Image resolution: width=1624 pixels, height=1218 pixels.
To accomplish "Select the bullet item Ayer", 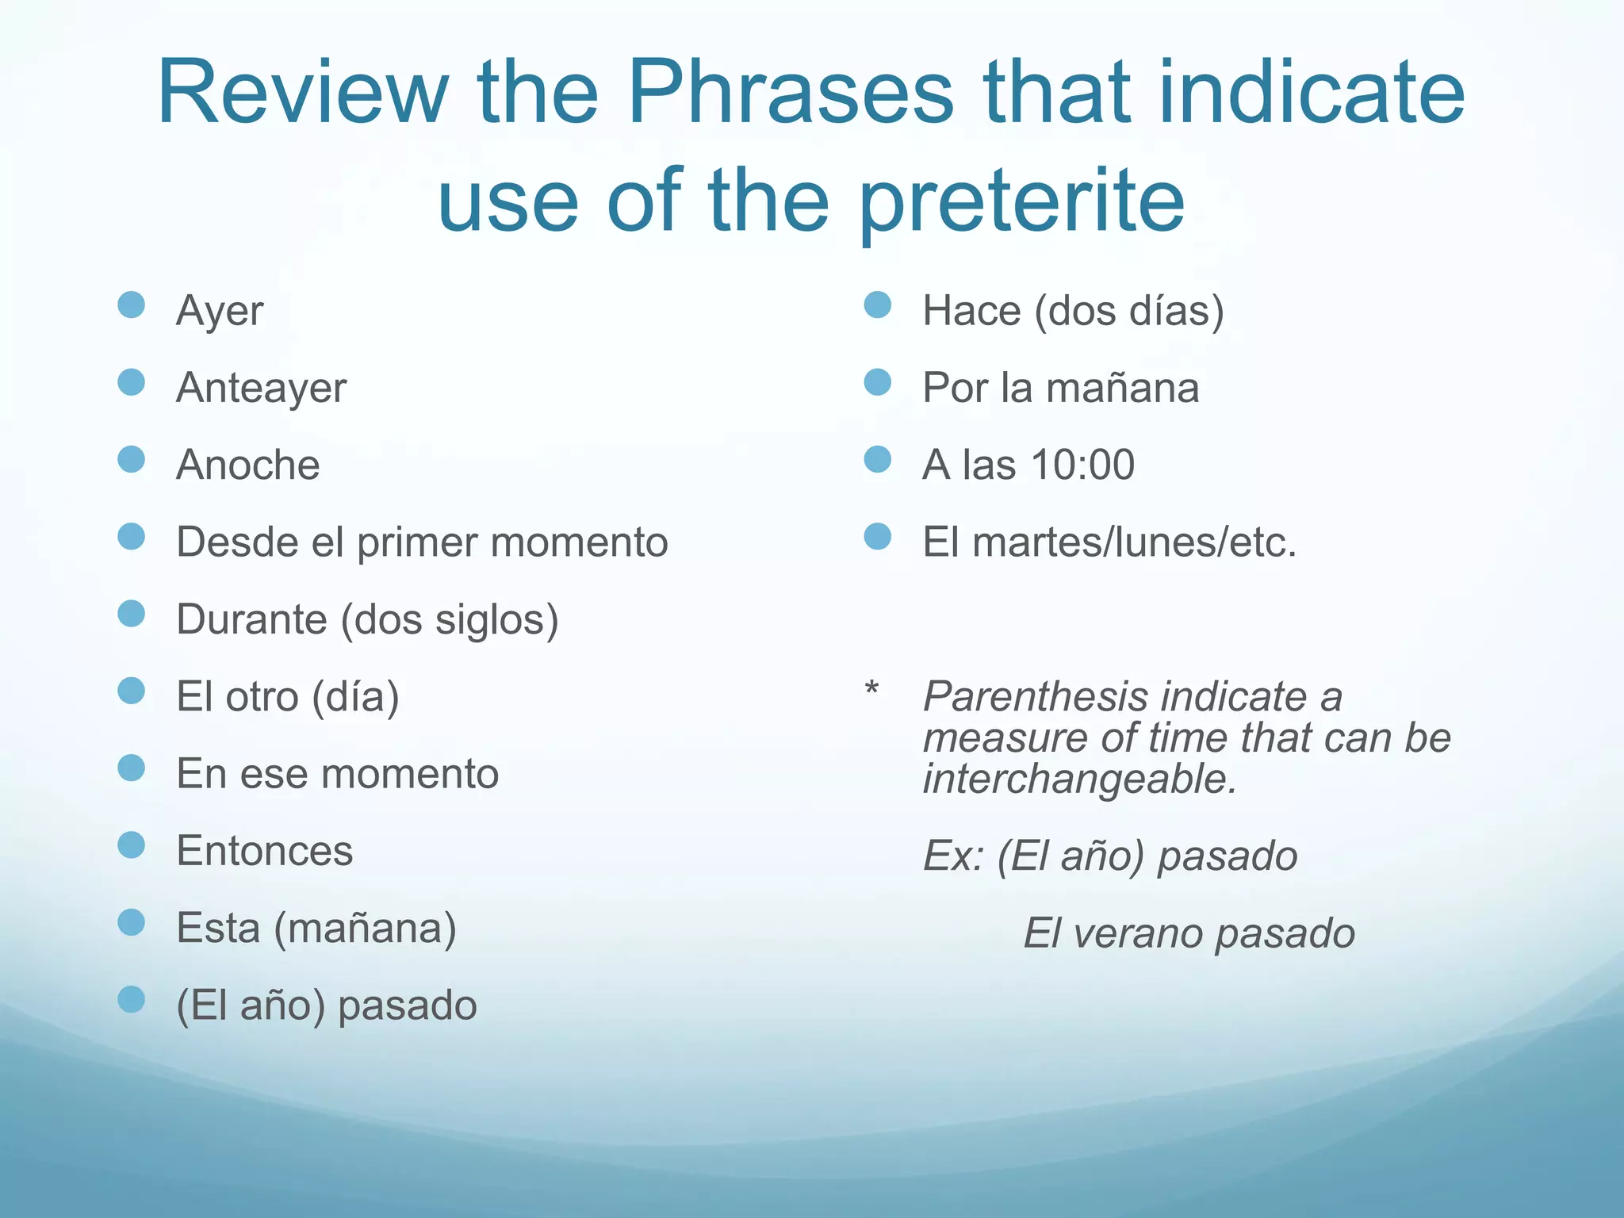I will [220, 310].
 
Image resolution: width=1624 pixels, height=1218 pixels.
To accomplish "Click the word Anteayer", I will [262, 388].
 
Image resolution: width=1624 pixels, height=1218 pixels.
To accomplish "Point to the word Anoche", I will [248, 465].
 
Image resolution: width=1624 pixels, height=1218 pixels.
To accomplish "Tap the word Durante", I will [251, 619].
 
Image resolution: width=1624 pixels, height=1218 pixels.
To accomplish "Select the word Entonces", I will [265, 851].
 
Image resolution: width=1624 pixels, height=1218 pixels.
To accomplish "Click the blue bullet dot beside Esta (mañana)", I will [132, 922].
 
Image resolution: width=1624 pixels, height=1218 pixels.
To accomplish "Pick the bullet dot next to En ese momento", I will [132, 768].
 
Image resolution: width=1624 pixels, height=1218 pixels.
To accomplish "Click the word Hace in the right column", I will [971, 310].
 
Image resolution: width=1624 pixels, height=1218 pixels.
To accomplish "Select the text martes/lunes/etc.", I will [1134, 543].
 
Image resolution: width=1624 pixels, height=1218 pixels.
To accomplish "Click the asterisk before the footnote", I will [871, 688].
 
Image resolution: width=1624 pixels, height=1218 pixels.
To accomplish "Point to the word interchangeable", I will [1079, 779].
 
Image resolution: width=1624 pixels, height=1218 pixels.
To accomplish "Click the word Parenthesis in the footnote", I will [1035, 697].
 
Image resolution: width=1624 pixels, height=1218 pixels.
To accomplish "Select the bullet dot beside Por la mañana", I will [878, 382].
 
